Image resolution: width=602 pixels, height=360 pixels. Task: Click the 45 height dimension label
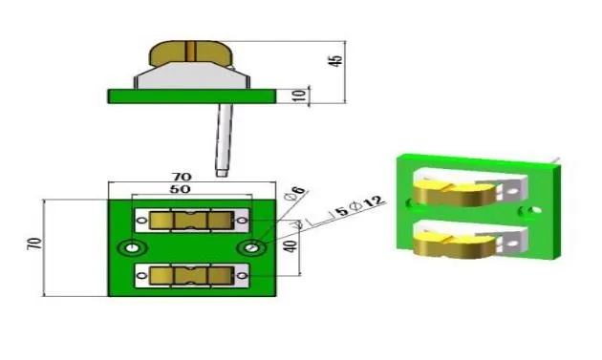336,61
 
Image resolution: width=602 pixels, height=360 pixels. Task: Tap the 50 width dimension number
180,189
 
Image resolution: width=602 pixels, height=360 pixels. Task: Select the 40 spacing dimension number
291,246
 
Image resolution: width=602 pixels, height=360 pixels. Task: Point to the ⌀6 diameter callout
295,193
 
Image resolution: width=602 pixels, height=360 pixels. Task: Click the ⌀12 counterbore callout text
367,203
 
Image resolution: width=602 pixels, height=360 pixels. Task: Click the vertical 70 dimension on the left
34,244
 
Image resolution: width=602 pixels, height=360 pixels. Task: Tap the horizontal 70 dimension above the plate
182,177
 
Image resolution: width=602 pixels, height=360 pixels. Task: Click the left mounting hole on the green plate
132,248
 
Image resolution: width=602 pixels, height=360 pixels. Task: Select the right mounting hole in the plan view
251,248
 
